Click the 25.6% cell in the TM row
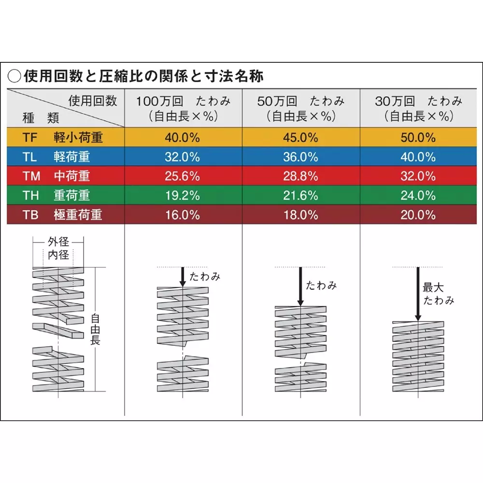[x=182, y=176]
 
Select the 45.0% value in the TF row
[x=300, y=137]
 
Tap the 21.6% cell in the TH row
[x=300, y=195]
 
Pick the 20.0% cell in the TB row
[x=418, y=214]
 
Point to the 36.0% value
[x=300, y=156]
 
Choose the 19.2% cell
[x=182, y=195]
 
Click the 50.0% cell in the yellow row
[x=418, y=137]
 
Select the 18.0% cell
[x=300, y=214]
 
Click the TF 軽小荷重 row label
[x=63, y=137]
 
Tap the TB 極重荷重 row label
[x=63, y=214]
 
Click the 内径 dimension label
[x=58, y=255]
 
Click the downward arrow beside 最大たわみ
[x=418, y=295]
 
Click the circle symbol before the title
[x=15, y=76]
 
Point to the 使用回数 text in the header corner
[x=93, y=100]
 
